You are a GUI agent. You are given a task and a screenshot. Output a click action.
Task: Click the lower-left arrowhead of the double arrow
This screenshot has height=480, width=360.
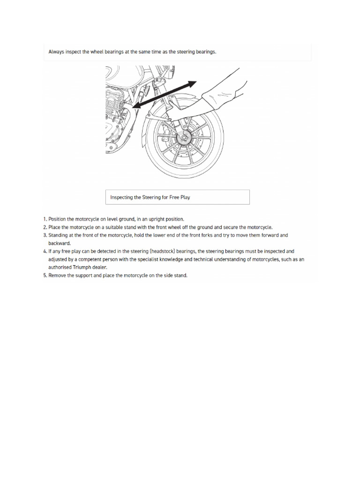(135, 107)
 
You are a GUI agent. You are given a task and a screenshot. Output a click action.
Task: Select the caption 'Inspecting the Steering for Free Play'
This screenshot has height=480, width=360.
(150, 197)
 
